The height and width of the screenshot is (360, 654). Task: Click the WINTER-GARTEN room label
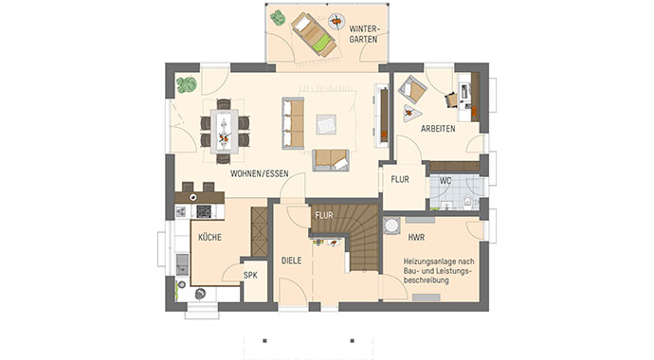point(363,34)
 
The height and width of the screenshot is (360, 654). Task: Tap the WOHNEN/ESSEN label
point(260,173)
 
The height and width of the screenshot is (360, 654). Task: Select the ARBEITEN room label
point(438,129)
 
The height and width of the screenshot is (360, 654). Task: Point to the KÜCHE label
point(209,237)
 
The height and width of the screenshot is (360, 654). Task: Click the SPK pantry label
point(250,275)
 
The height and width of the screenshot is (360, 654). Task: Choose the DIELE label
point(291,261)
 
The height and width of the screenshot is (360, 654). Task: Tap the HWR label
point(416,238)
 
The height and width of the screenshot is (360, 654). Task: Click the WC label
point(445,181)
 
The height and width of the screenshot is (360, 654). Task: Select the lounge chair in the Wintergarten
point(314,35)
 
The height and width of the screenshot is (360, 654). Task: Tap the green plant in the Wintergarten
point(278,17)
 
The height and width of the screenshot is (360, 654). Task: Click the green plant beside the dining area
point(187,84)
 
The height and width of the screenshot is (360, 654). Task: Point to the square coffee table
point(326,124)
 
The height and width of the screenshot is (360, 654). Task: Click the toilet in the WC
point(467,201)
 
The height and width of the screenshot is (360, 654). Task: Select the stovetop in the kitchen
point(204,211)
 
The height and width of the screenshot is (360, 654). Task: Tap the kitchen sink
point(182,264)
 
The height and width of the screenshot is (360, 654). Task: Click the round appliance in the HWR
point(391,225)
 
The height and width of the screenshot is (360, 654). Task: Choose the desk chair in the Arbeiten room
point(451,100)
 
